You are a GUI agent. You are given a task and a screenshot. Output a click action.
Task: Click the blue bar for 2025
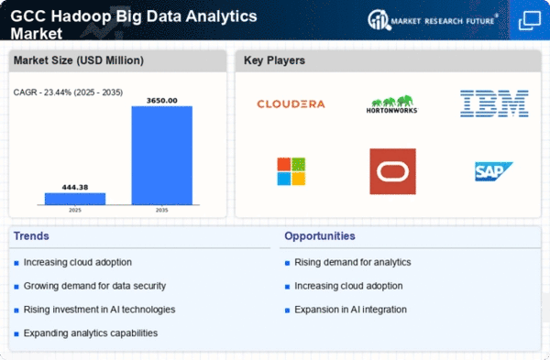click(75, 199)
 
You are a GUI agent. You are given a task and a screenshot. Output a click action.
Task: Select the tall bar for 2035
click(161, 156)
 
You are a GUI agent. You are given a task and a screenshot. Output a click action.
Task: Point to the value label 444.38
click(75, 187)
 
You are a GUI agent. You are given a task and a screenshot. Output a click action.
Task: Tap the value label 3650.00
click(161, 101)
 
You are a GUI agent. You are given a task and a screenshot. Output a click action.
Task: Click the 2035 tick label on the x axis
click(161, 210)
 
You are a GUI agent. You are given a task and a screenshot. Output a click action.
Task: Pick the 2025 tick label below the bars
click(75, 210)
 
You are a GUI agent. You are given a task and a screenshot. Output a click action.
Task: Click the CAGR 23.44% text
click(68, 93)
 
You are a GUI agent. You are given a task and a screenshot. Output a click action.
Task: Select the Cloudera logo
click(291, 104)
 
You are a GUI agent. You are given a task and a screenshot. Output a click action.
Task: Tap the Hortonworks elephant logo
click(391, 104)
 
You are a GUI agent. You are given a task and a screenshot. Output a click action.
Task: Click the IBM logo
click(494, 104)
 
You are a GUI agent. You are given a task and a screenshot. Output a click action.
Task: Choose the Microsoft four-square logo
click(291, 171)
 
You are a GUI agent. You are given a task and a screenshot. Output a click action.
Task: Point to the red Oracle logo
click(393, 171)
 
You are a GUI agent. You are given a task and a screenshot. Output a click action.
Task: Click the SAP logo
click(493, 171)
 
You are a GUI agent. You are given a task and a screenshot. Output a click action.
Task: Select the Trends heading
click(31, 236)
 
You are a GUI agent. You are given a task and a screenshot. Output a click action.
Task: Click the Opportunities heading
click(320, 236)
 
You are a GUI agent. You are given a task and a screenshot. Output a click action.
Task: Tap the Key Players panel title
click(274, 60)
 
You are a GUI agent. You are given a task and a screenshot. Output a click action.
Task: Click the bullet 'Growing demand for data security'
click(94, 286)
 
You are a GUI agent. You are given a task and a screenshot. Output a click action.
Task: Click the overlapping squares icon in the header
click(530, 21)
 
